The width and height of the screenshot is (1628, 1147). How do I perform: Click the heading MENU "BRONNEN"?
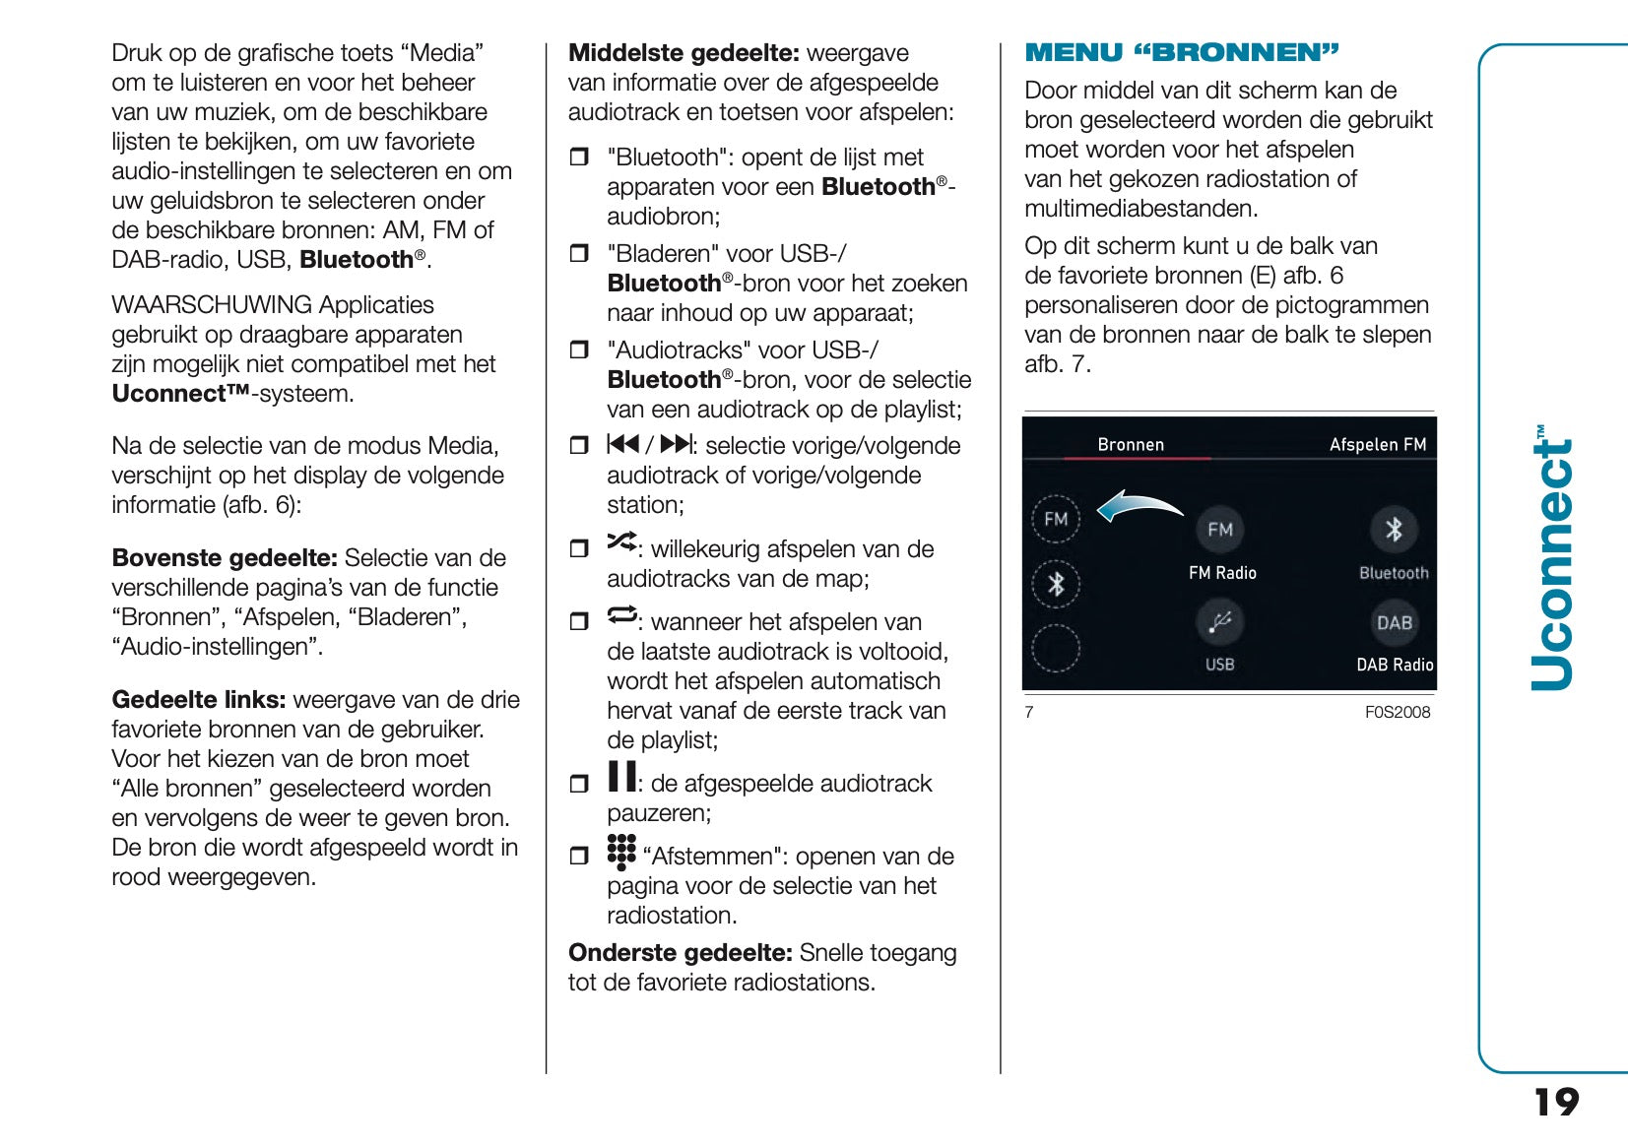tap(1182, 53)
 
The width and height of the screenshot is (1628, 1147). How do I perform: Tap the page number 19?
tap(1556, 1102)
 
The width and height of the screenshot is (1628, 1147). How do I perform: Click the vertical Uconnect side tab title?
tap(1553, 559)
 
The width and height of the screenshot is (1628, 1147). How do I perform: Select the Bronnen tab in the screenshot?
tap(1131, 445)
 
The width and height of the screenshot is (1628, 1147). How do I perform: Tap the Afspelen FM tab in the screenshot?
tap(1377, 445)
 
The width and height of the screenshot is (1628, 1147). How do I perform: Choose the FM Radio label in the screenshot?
tap(1222, 573)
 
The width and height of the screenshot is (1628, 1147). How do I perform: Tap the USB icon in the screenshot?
tap(1220, 623)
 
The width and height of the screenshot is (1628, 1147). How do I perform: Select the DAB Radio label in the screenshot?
tap(1395, 665)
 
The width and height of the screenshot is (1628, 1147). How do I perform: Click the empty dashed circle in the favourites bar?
tap(1056, 648)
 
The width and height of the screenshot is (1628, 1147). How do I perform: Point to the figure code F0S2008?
tap(1397, 712)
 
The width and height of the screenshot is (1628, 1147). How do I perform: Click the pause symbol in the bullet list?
tap(621, 776)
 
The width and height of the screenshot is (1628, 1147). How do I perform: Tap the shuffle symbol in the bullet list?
tap(621, 542)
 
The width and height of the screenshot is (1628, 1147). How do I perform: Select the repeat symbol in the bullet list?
tap(621, 614)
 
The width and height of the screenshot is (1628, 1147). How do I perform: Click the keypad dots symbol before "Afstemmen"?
tap(621, 852)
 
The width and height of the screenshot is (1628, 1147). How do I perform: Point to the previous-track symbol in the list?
tap(623, 444)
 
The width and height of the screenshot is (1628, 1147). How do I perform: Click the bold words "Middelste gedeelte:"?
tap(684, 53)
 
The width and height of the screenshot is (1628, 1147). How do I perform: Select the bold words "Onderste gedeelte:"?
tap(680, 953)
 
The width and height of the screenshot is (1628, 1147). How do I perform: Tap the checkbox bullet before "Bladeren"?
tap(579, 254)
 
